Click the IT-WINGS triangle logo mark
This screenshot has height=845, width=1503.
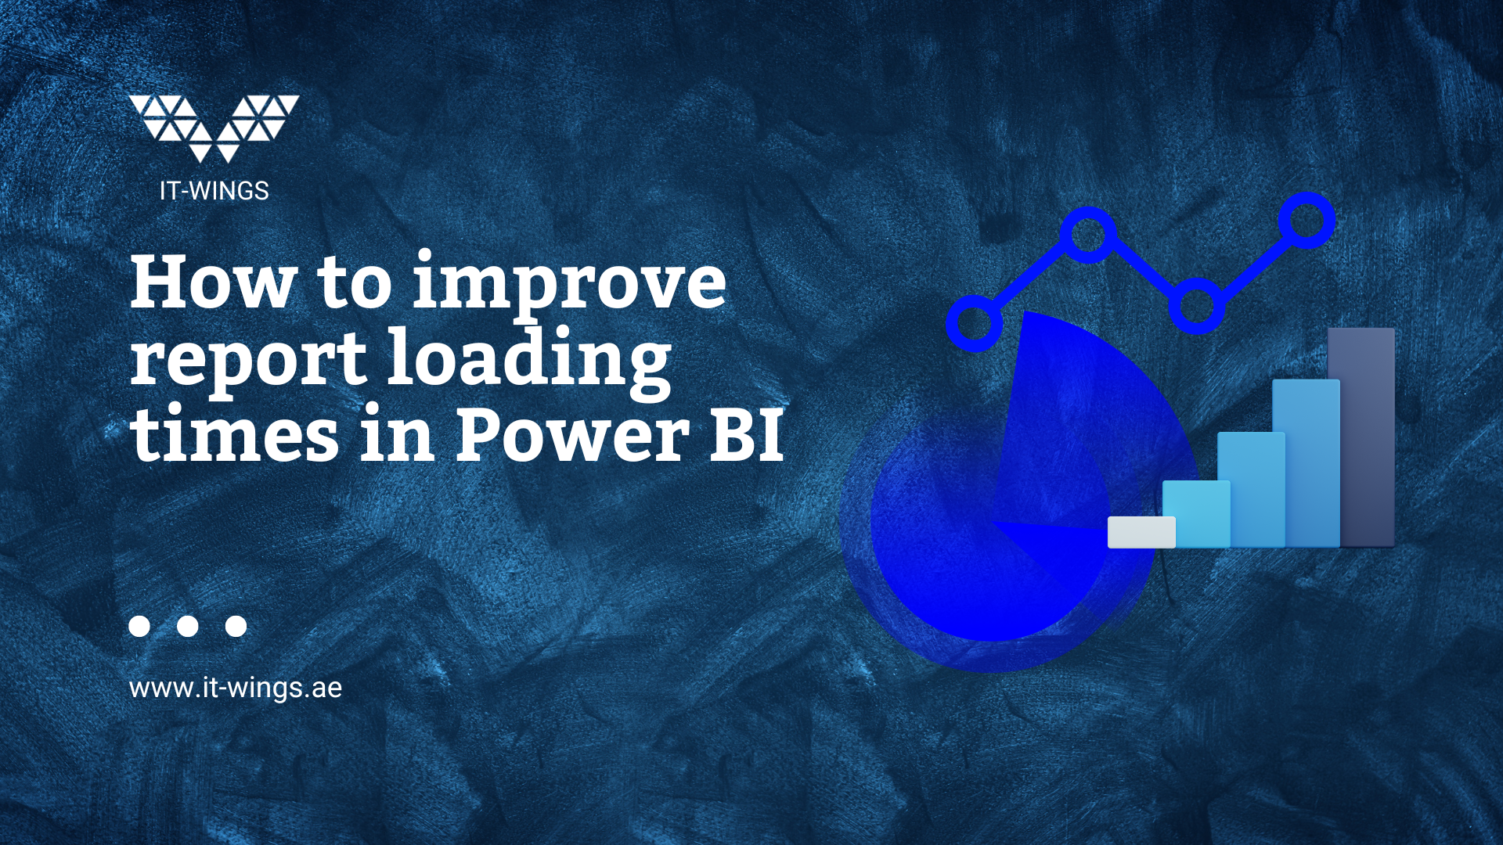[214, 128]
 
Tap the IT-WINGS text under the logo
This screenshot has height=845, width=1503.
[214, 191]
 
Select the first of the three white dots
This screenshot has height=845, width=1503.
[139, 626]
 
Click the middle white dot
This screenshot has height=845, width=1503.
[188, 626]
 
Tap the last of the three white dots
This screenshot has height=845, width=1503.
[236, 626]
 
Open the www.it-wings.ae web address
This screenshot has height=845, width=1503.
[236, 688]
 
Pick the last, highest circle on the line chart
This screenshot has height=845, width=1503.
[1306, 220]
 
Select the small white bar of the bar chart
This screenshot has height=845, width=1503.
[1141, 532]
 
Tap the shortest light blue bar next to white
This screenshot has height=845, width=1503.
[1196, 514]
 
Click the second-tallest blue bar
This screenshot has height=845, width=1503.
[1306, 463]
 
